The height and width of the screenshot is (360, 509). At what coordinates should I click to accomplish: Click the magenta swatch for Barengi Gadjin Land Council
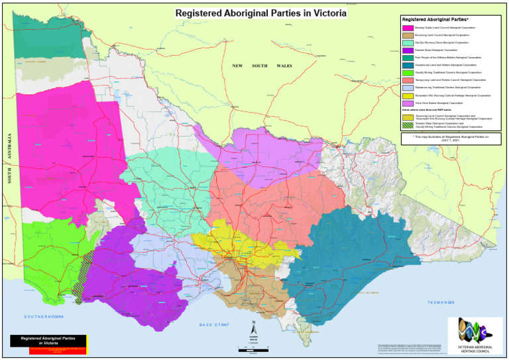(x=408, y=27)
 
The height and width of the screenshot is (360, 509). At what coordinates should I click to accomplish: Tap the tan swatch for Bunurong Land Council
(x=408, y=35)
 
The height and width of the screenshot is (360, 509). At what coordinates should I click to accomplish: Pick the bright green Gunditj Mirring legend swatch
(x=408, y=72)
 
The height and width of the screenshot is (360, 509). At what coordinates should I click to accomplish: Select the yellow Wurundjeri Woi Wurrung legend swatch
(x=408, y=95)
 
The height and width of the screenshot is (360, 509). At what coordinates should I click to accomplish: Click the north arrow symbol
(x=253, y=328)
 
